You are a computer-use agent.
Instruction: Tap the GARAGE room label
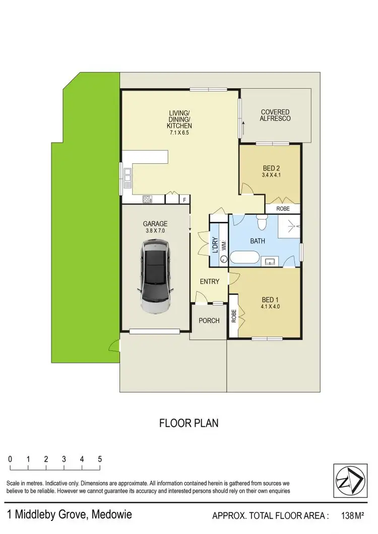pos(155,224)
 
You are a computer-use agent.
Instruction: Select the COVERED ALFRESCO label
pos(275,115)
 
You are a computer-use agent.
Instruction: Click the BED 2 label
pos(271,168)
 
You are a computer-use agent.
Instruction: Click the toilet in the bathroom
pos(262,221)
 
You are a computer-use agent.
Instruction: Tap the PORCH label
pos(209,320)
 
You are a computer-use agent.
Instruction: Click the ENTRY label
pos(209,282)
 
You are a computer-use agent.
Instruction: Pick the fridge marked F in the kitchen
pos(185,199)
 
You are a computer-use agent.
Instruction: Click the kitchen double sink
pos(128,174)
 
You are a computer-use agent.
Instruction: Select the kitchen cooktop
pos(148,199)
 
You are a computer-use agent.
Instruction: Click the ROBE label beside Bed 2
pos(283,208)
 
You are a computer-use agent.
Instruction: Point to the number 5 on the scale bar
pos(100,459)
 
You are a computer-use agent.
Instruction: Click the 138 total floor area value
pos(348,515)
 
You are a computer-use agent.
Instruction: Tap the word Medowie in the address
pos(111,515)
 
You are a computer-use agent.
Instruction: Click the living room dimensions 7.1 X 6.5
pos(180,132)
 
